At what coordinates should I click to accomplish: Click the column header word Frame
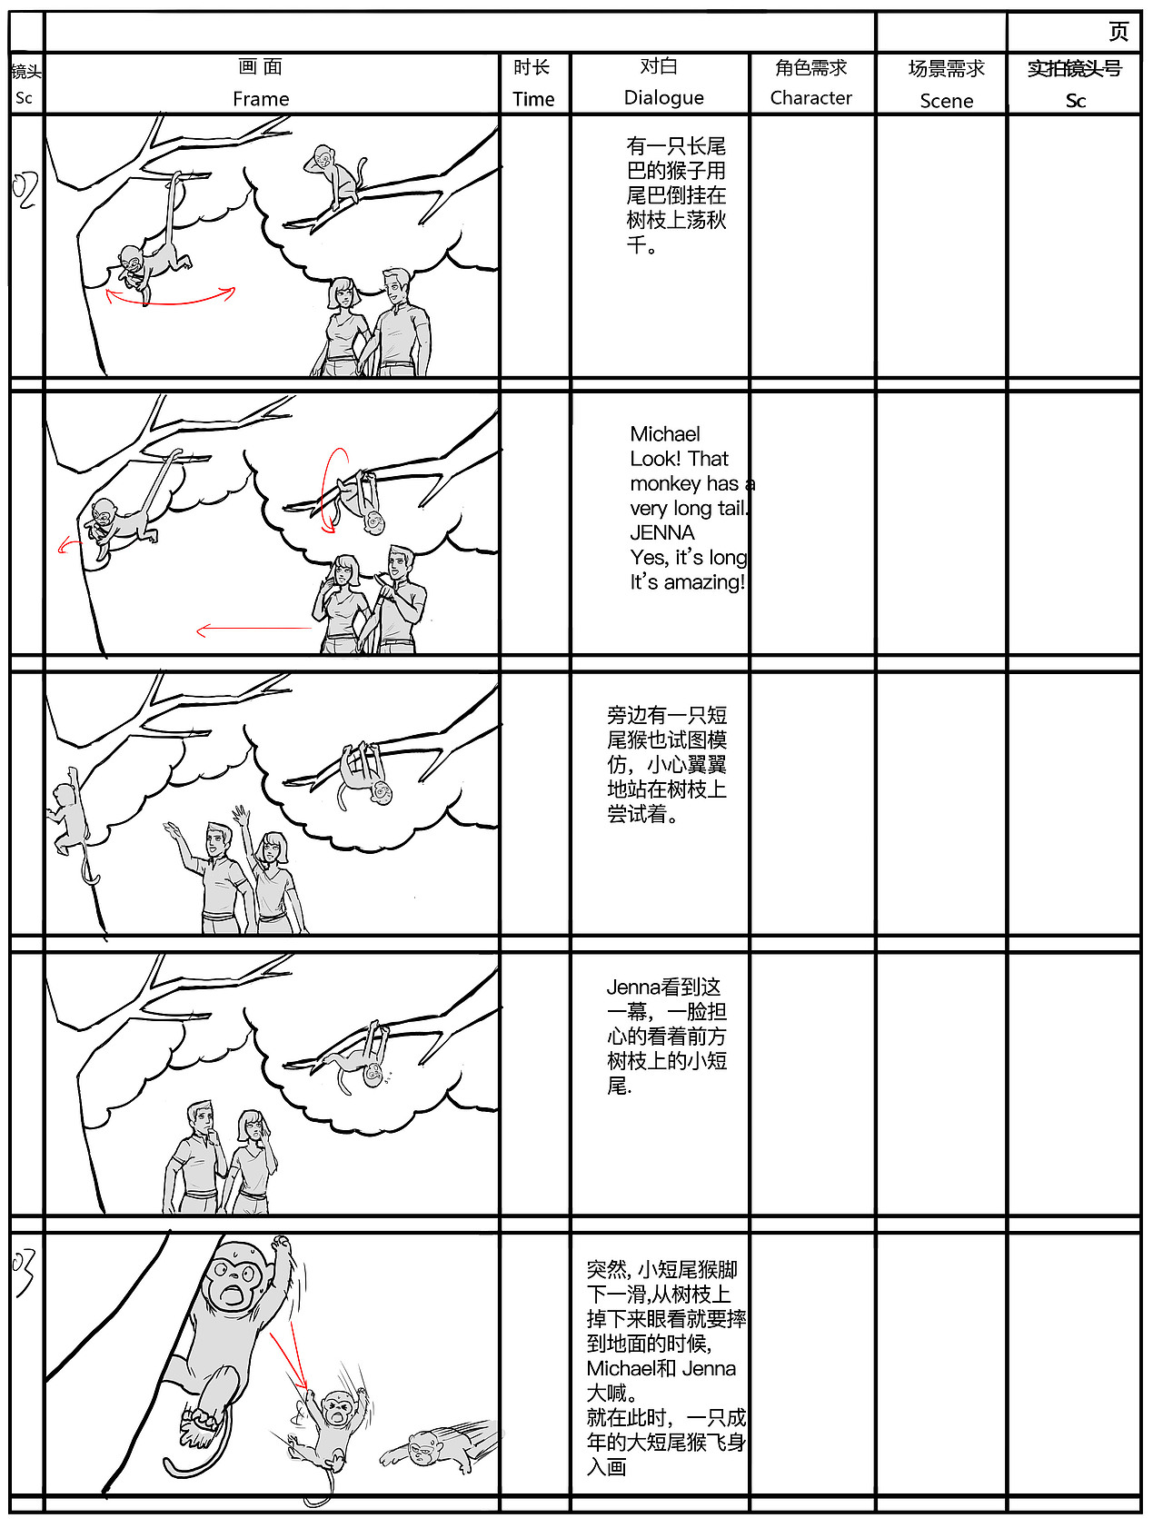click(x=261, y=98)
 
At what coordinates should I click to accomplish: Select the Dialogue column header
click(x=663, y=97)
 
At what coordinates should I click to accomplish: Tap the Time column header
click(x=533, y=99)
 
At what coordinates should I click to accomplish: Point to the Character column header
click(x=810, y=97)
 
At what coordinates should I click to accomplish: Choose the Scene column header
click(x=946, y=101)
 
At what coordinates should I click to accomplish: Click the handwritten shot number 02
click(x=25, y=190)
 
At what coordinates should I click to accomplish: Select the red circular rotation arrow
click(x=333, y=491)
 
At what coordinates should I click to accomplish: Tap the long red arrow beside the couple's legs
click(x=254, y=629)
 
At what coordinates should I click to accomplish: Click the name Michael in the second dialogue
click(x=665, y=434)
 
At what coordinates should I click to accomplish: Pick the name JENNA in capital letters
click(x=662, y=533)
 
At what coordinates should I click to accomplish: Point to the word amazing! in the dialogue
click(x=704, y=582)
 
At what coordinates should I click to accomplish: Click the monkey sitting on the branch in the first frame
click(x=334, y=175)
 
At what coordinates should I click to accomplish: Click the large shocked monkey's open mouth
click(x=233, y=1296)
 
